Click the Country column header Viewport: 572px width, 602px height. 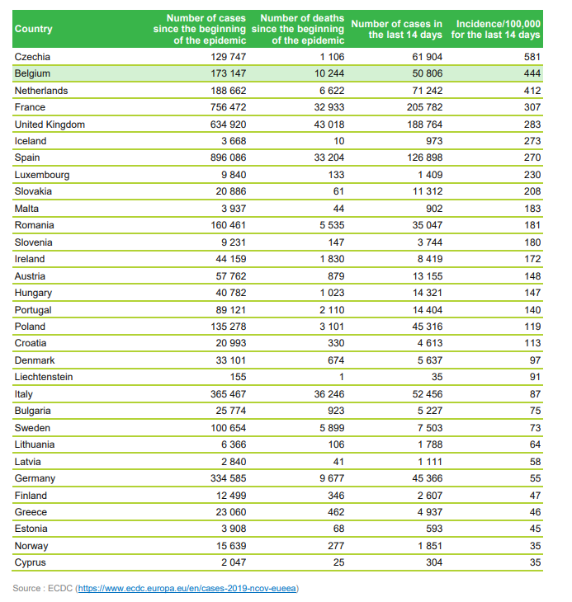34,29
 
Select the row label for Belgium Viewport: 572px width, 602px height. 34,73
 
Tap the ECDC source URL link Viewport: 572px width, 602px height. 187,588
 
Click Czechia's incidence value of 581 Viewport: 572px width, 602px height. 532,57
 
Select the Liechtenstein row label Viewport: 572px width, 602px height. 44,377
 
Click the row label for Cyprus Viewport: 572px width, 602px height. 31,562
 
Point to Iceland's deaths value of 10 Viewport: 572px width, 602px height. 338,141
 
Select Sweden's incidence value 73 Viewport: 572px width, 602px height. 535,428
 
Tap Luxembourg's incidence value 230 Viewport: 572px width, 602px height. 532,175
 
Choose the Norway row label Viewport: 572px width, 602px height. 31,546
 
